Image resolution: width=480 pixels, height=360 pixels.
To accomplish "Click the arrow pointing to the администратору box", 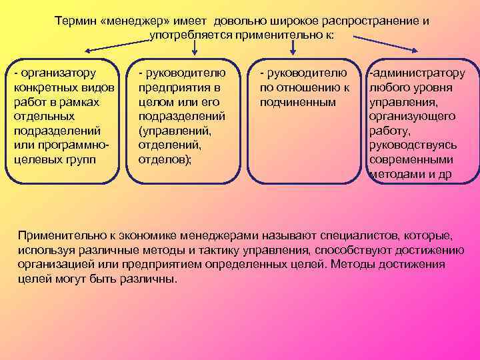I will click(x=393, y=47).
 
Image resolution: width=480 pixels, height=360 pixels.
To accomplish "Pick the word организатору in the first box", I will click(x=59, y=72).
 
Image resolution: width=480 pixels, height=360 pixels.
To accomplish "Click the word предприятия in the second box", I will click(x=169, y=87).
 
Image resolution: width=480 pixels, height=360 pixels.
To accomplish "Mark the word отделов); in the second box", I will click(x=164, y=160).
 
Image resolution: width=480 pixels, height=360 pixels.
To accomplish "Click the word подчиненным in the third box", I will click(x=297, y=102).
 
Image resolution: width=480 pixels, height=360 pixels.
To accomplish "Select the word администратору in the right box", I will click(x=419, y=72).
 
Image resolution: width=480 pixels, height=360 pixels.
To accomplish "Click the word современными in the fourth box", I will click(x=411, y=160).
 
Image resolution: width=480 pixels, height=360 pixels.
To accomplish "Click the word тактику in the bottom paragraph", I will click(x=227, y=250).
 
